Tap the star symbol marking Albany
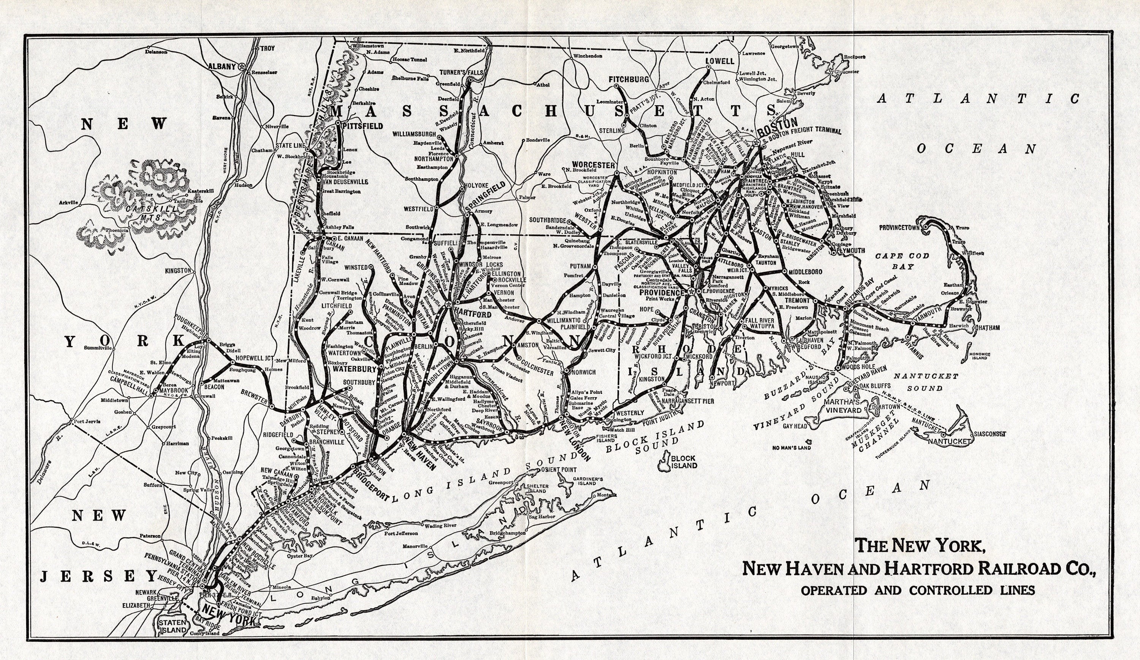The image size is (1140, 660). [x=243, y=66]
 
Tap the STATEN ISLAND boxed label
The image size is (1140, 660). [x=174, y=626]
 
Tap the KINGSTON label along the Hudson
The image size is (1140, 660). [x=178, y=270]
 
